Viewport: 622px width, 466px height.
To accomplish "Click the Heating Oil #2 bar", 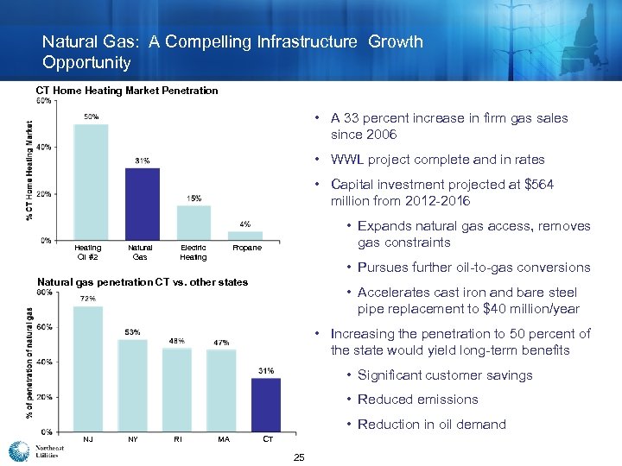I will coord(91,182).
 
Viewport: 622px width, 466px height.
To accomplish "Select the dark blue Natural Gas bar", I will coord(143,204).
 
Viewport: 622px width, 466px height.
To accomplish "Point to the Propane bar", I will coord(245,235).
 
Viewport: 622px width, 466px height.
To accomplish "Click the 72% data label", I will coord(88,299).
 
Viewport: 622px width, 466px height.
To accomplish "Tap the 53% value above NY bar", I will coord(133,332).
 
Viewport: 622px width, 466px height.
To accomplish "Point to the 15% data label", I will coord(194,198).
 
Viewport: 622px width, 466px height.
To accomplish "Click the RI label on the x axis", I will coord(177,439).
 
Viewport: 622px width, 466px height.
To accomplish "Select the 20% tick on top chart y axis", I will coord(43,193).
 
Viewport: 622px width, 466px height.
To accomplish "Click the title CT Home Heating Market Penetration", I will coord(126,91).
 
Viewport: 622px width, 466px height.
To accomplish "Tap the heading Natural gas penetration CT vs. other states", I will coord(143,282).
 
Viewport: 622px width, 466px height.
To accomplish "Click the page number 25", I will coord(299,457).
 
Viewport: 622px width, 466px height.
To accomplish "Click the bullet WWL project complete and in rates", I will coord(438,160).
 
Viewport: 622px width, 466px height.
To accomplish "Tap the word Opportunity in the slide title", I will coord(86,63).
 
